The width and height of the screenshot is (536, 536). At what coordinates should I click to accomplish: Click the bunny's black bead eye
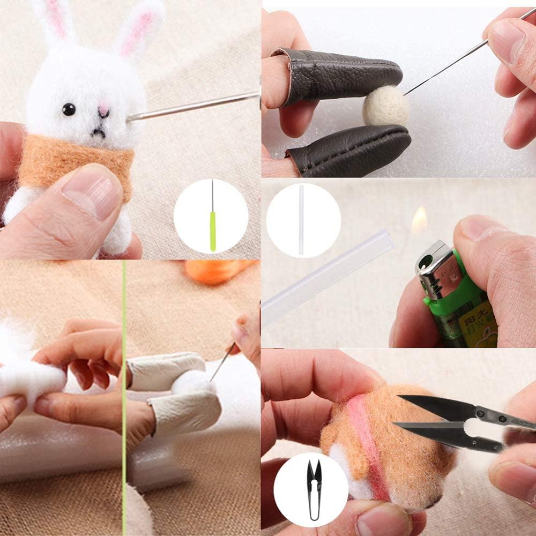coord(69,109)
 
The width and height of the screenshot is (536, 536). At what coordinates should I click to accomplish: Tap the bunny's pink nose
coord(103,111)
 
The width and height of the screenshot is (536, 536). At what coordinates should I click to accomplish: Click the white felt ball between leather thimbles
coord(385,106)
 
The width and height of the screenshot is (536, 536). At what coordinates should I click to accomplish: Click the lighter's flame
coord(419,220)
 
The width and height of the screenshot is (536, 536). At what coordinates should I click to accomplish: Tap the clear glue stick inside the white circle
coord(301,220)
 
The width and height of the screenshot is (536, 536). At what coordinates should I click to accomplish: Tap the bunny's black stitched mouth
coord(98,132)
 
